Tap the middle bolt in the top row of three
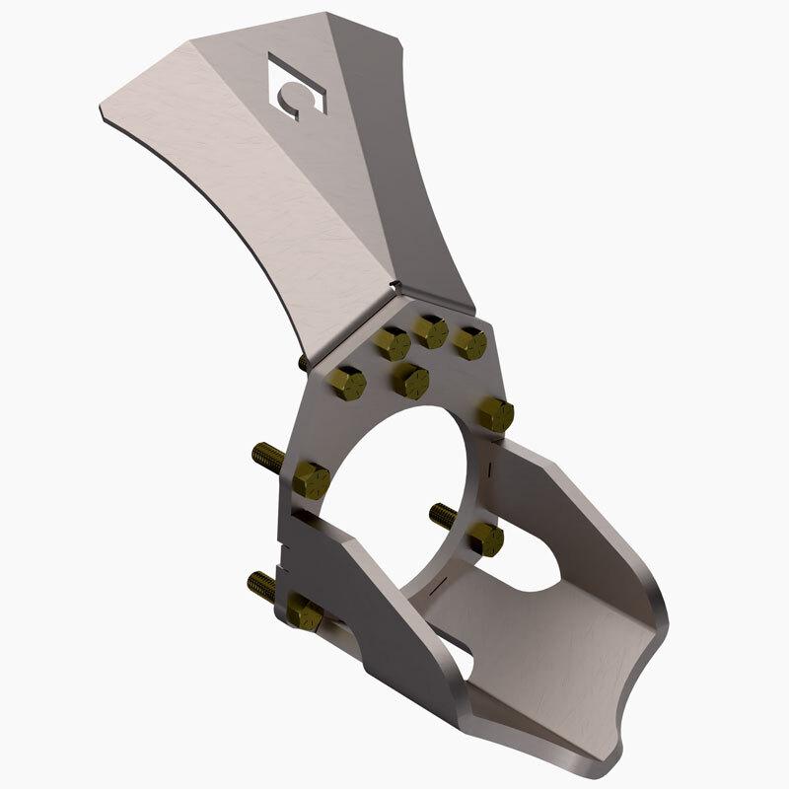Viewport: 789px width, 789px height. click(430, 332)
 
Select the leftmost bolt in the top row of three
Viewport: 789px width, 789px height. click(392, 345)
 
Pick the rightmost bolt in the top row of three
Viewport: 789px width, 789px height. click(468, 344)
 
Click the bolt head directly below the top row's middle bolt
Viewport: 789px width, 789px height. click(410, 381)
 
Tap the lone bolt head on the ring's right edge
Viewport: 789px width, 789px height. click(496, 414)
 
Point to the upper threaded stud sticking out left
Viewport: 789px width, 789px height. click(267, 457)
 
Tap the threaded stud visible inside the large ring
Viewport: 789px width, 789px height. click(443, 514)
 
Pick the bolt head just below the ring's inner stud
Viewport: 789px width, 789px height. click(484, 539)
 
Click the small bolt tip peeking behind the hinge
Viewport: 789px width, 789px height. click(304, 362)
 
